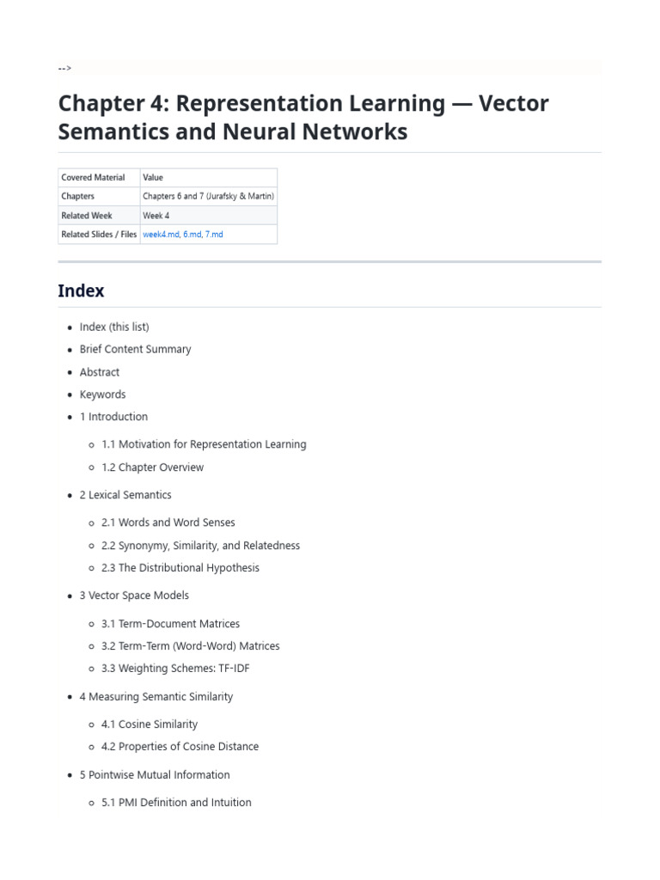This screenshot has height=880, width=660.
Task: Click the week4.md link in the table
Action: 161,234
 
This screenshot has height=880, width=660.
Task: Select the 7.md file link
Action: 214,234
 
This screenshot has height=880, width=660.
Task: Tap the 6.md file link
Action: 192,234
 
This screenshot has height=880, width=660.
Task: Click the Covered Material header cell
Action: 93,177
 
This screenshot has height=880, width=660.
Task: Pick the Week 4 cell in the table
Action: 156,215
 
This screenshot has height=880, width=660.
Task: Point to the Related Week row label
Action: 87,215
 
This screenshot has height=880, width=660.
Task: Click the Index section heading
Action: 81,290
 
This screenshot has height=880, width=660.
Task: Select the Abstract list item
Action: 100,372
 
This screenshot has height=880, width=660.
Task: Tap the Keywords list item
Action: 102,394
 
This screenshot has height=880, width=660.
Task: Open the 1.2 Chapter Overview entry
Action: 152,467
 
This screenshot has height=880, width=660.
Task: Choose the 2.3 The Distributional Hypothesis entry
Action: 180,568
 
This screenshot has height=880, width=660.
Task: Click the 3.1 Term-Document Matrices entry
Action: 170,624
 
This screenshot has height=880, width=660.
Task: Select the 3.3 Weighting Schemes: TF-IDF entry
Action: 175,669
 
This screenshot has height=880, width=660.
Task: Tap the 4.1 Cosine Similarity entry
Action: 149,724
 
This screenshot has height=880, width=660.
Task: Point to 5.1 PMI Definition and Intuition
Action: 176,803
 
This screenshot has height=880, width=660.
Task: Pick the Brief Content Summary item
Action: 135,349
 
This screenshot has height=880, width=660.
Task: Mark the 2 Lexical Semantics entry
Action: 125,495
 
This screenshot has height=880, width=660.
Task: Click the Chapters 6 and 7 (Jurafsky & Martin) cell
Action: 208,196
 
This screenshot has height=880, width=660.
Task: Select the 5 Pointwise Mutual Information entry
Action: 155,775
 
